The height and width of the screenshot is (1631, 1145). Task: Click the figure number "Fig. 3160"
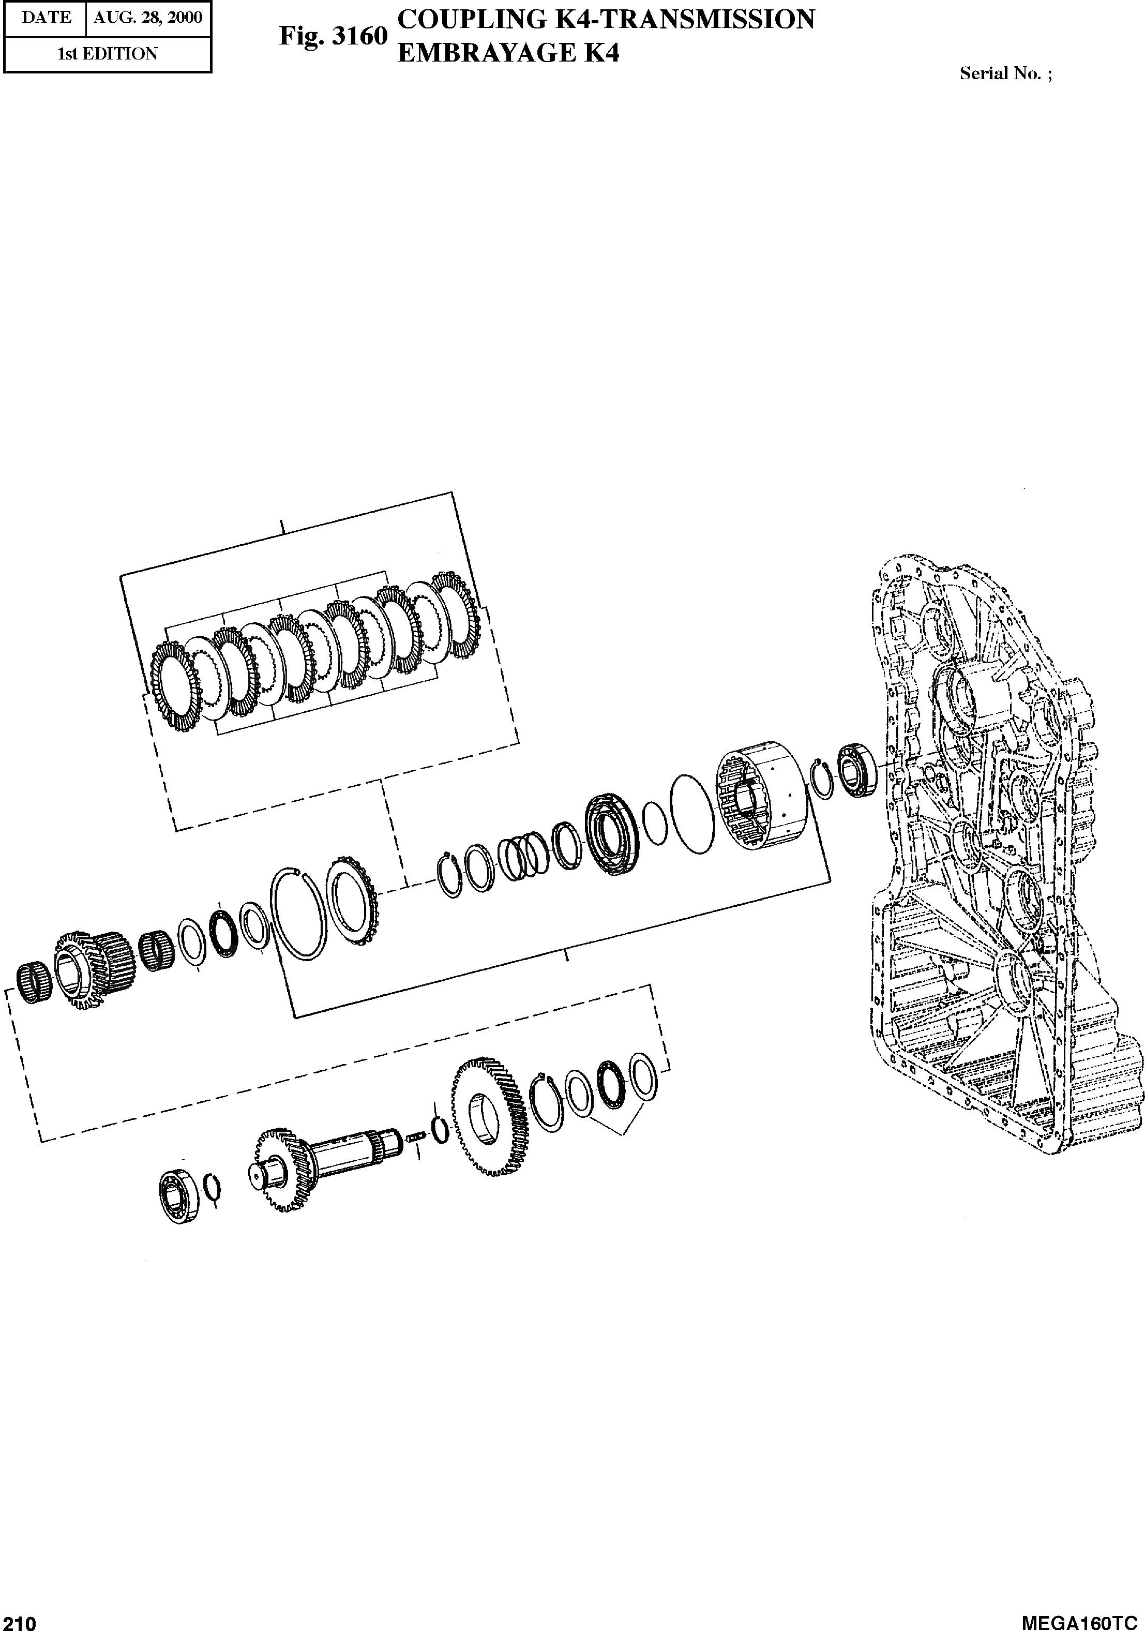(x=333, y=36)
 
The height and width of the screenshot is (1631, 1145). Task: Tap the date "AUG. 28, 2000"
(x=148, y=17)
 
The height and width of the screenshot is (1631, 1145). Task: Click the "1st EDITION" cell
(x=107, y=54)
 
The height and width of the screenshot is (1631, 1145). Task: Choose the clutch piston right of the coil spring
(x=612, y=834)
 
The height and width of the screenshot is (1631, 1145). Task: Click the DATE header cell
(x=46, y=17)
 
